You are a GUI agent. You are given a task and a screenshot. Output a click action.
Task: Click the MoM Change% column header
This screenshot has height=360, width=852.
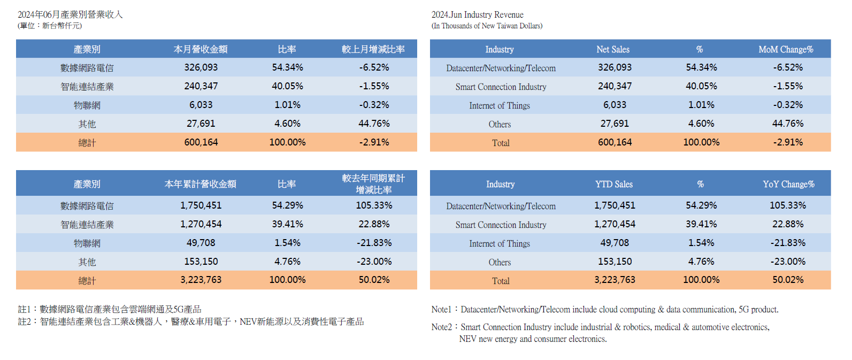[785, 49]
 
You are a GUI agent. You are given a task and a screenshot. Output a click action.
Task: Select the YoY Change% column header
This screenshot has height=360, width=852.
[788, 184]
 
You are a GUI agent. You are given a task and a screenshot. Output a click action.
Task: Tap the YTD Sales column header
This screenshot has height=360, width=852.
[613, 184]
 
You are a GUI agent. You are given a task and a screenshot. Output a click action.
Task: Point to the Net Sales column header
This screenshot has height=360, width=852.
[612, 49]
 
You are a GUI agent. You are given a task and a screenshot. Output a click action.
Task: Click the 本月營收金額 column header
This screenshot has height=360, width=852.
[201, 49]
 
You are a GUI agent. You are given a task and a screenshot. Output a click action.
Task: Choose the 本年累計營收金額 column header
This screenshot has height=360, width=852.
[201, 184]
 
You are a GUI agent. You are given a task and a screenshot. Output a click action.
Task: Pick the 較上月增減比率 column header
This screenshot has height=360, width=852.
[373, 49]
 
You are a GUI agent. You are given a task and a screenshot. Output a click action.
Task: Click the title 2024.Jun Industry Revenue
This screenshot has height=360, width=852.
[477, 15]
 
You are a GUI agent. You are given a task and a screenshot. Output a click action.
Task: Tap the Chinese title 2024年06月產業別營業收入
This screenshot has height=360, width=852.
[70, 14]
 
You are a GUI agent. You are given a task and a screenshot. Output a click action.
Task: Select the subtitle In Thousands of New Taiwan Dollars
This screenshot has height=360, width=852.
[487, 26]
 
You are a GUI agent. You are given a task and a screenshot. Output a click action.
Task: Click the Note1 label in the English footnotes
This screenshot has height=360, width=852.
[441, 309]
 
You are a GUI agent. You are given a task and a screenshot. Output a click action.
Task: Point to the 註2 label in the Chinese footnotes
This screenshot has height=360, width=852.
[25, 321]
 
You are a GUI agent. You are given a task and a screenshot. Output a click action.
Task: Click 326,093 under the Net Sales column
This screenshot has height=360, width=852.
[615, 67]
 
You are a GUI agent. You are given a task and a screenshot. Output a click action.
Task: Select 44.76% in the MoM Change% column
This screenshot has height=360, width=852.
[787, 124]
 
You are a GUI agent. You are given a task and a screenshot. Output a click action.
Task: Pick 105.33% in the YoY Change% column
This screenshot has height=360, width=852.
[787, 205]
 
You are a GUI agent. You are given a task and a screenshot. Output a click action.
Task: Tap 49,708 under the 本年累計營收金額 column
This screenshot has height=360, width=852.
[201, 243]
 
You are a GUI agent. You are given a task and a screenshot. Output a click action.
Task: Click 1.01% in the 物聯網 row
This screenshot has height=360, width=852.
[287, 105]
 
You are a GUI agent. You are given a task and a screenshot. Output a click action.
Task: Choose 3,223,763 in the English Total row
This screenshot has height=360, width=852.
[615, 280]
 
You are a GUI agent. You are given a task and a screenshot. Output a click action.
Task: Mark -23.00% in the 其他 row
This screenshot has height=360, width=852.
[374, 262]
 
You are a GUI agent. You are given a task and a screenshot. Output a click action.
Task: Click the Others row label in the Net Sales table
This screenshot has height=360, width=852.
[500, 124]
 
